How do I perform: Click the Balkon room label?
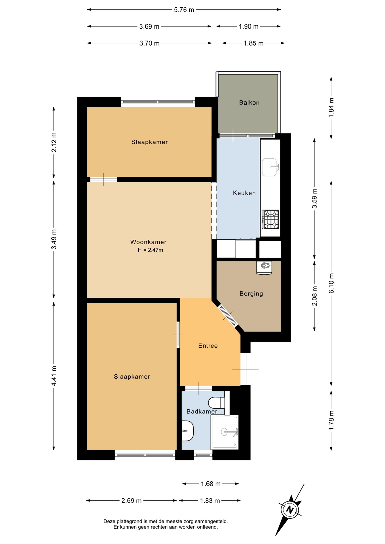249,103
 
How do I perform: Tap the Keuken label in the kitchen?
244,193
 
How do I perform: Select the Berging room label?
251,294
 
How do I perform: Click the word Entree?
208,346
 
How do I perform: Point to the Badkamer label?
202,411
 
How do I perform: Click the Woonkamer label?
148,242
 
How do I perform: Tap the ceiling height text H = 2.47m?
150,250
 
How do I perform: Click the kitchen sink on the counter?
270,167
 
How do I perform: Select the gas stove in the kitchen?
270,219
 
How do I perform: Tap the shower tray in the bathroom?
225,432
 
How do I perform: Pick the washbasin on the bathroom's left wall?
187,431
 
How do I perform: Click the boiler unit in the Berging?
264,267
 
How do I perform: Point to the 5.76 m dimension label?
184,10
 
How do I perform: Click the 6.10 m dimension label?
331,283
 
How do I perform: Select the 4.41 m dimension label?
54,376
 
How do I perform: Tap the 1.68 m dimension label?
211,484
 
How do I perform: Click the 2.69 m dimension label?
131,501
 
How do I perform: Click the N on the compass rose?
289,510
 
